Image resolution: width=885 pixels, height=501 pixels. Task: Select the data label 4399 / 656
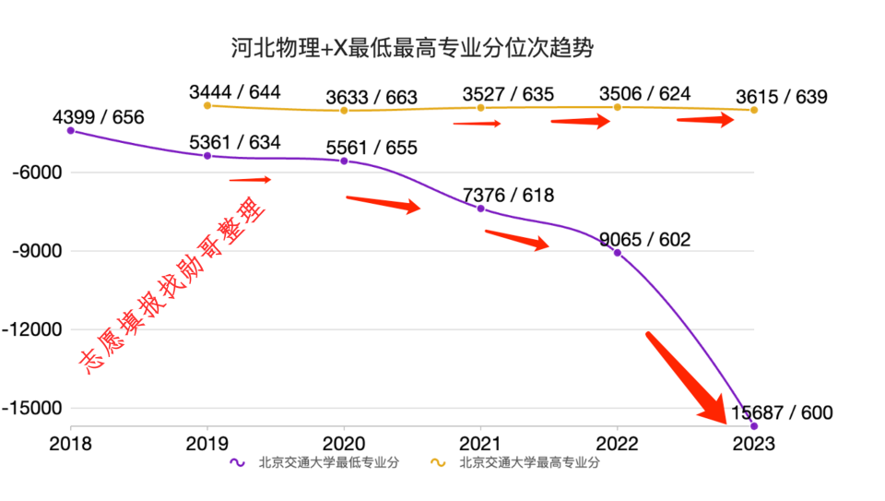point(99,117)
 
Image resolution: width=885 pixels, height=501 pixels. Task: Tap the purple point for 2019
point(207,156)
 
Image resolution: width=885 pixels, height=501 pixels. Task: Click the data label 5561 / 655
point(372,148)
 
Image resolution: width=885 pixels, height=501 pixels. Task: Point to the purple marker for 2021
point(480,209)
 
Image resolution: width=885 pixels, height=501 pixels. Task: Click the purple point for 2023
point(754,425)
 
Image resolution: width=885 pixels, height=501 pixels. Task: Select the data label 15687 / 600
point(782,412)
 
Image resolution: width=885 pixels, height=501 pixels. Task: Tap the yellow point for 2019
point(207,105)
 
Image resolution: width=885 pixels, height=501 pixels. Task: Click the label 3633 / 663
point(372,97)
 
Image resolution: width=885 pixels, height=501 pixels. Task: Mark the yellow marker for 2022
point(618,107)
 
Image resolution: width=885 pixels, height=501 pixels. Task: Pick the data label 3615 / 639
point(782,96)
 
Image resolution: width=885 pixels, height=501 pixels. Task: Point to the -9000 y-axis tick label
point(35,251)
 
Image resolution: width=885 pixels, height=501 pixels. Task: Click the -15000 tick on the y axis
point(32,408)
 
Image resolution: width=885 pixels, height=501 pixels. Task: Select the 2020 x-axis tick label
point(344,443)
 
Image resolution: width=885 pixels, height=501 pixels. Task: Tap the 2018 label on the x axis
point(71,443)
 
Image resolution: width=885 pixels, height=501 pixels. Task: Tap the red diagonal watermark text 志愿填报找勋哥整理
point(173,286)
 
